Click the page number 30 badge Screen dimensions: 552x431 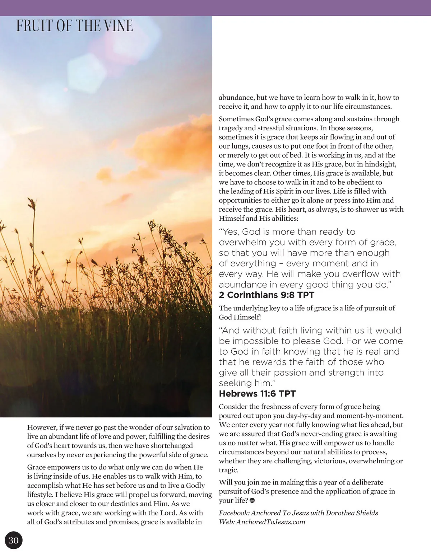pos(13,540)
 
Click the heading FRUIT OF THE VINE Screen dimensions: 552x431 pos(74,26)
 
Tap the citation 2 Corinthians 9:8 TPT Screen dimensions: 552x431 pos(267,295)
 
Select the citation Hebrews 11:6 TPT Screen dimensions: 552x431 pos(257,394)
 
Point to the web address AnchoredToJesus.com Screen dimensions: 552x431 pos(270,522)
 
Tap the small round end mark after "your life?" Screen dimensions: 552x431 pos(252,501)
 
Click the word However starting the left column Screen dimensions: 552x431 pos(42,427)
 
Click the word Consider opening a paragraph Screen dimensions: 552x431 pos(234,407)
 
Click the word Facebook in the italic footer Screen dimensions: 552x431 pos(234,513)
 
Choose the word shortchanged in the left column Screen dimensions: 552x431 pos(172,445)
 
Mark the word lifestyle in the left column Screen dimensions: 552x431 pos(40,495)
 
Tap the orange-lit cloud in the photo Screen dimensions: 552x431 pos(169,144)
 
